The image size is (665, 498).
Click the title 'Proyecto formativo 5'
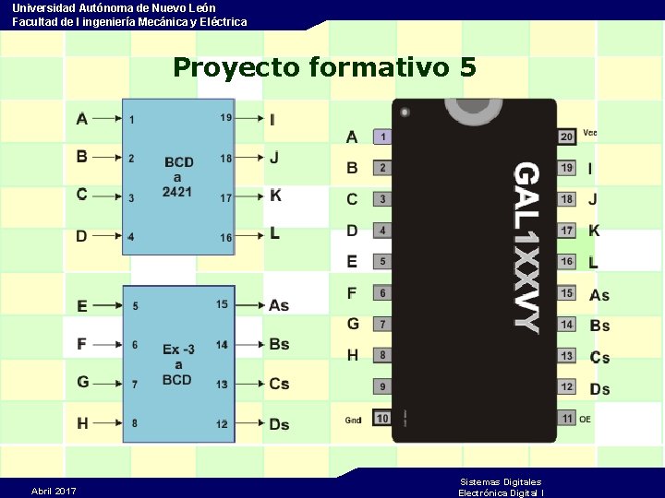(324, 67)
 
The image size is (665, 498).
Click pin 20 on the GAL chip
(567, 136)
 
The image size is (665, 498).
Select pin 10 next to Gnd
(382, 418)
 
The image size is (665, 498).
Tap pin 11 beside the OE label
(567, 419)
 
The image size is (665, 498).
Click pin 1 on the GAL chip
(382, 136)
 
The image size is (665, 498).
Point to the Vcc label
(590, 133)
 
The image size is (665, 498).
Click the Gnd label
(354, 421)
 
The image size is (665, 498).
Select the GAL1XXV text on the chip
(526, 246)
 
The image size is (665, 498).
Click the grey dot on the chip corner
(405, 112)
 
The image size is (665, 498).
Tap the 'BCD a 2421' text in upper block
(177, 177)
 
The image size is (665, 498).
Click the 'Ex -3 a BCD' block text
(178, 364)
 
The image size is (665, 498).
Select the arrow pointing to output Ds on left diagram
(249, 423)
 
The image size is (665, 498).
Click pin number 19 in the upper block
(226, 118)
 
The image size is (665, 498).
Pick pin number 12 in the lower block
(223, 423)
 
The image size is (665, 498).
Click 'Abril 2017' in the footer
(54, 491)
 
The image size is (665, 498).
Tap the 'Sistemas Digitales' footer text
(501, 481)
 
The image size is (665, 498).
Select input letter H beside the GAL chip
(353, 355)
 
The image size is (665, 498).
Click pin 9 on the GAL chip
(382, 386)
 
